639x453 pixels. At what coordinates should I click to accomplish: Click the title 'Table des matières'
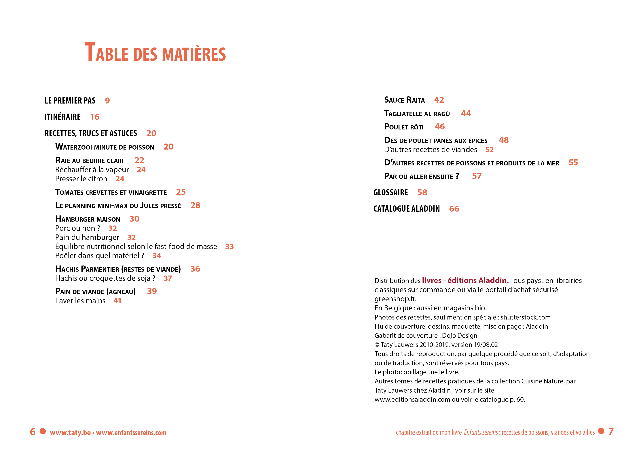coord(155,52)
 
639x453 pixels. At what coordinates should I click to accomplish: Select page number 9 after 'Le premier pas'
coord(107,101)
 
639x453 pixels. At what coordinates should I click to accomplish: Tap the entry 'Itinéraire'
coord(62,117)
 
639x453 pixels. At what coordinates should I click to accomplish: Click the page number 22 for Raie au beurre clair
coord(139,160)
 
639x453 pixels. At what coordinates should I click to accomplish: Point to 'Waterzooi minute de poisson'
coord(105,147)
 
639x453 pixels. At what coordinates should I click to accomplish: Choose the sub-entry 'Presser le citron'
coord(81,179)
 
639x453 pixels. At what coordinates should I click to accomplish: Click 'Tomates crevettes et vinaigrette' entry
coord(111,192)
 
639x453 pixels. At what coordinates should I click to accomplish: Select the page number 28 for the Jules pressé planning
coord(195,206)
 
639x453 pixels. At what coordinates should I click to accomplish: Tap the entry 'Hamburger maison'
coord(88,219)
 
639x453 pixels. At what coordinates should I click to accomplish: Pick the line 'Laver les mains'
coord(80,301)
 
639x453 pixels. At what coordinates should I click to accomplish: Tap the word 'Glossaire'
coord(390,192)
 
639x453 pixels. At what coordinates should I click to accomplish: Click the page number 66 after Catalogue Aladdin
coord(454,209)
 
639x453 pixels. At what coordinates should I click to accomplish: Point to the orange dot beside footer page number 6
coord(43,431)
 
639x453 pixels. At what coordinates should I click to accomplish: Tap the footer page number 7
coord(611,431)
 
